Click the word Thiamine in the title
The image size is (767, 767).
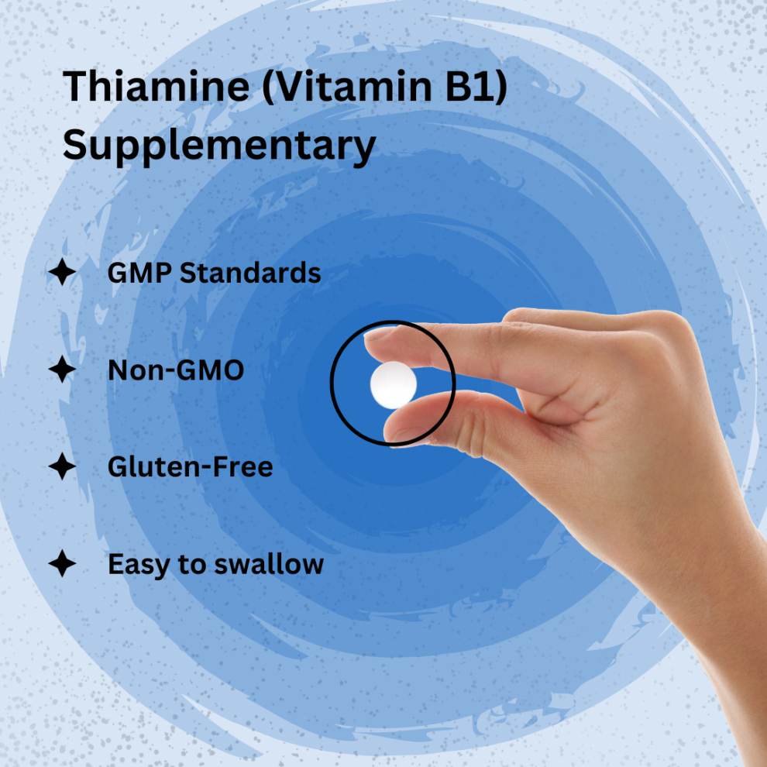(x=156, y=86)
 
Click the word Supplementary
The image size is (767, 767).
(x=219, y=146)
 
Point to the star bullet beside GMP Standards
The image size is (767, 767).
(x=62, y=272)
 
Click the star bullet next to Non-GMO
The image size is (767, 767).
(x=62, y=370)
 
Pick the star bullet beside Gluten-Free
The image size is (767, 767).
(x=62, y=466)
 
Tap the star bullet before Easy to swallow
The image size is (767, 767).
(x=62, y=563)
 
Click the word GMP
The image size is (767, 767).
(x=139, y=273)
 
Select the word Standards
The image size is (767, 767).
(x=250, y=273)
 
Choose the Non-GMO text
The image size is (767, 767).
(x=176, y=370)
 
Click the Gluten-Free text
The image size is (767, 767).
(x=191, y=466)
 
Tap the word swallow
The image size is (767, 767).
(x=269, y=564)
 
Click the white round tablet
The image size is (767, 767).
(x=394, y=385)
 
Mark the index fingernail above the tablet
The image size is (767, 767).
(x=380, y=334)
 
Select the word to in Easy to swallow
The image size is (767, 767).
(x=192, y=565)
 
